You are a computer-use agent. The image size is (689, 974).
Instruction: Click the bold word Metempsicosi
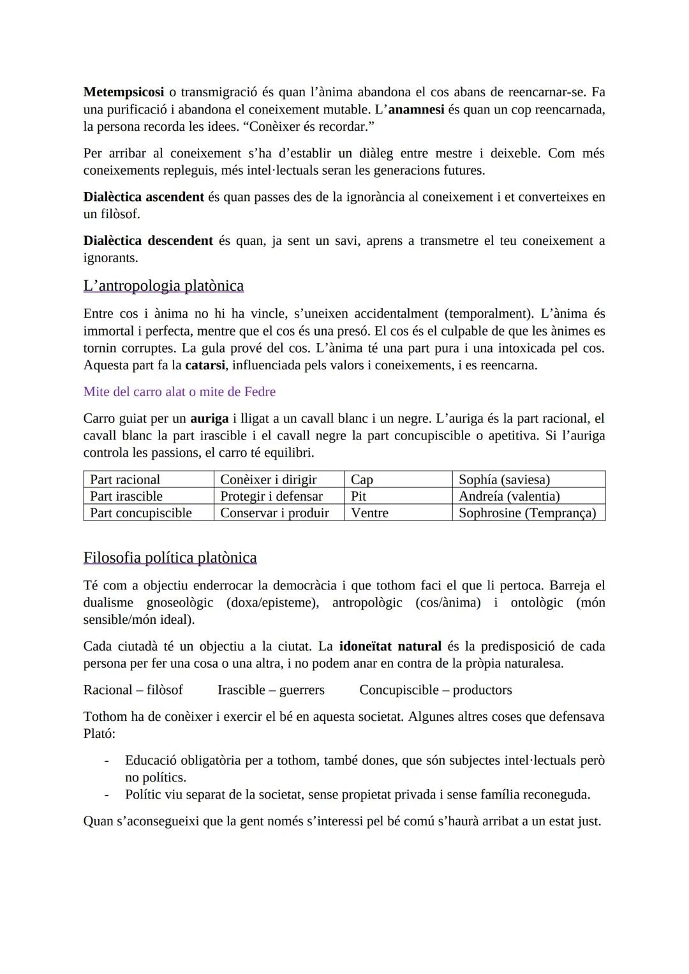click(x=124, y=92)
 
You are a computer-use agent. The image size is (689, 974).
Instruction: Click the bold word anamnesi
click(x=416, y=110)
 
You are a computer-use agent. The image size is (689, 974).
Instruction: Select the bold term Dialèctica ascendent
click(x=144, y=197)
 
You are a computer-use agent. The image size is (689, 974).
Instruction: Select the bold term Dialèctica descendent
click(x=148, y=241)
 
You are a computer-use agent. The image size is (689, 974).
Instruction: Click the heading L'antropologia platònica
click(x=163, y=286)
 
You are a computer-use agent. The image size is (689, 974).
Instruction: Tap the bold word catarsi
click(x=205, y=365)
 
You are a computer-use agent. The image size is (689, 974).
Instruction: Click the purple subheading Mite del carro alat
click(x=179, y=392)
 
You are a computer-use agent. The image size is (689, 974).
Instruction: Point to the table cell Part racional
click(x=125, y=480)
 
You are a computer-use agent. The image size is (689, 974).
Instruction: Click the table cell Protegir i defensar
click(x=271, y=496)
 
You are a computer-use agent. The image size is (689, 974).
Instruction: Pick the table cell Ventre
click(x=369, y=513)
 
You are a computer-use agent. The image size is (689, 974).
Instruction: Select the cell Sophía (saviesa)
click(x=504, y=480)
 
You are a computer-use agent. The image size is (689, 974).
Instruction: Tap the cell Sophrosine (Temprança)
click(x=527, y=513)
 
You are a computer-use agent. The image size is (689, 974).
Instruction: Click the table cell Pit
click(x=359, y=496)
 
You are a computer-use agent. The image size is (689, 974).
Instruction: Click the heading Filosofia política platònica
click(x=170, y=558)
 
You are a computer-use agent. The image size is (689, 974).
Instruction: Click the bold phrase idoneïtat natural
click(x=390, y=646)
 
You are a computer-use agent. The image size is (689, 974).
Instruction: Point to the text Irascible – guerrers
click(x=270, y=690)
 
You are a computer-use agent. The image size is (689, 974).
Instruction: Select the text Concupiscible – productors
click(x=435, y=690)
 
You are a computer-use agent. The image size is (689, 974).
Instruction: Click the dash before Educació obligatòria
click(x=107, y=760)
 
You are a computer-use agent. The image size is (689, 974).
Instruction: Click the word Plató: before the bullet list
click(x=100, y=734)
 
